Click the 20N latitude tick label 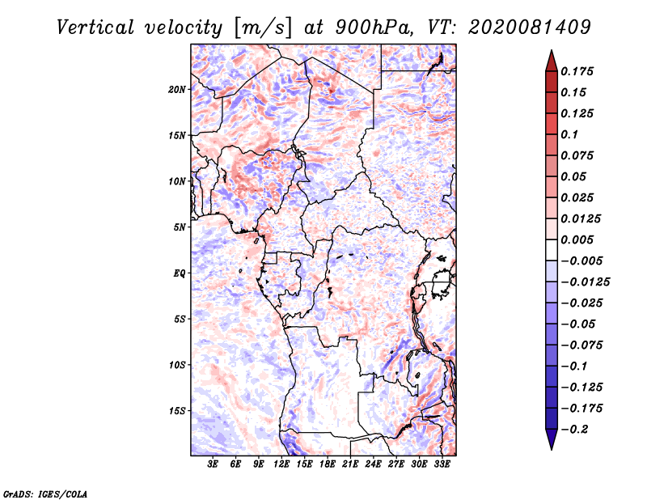pyautogui.click(x=177, y=89)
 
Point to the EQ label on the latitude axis pyautogui.click(x=179, y=273)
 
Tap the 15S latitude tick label pyautogui.click(x=177, y=411)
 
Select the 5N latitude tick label pyautogui.click(x=179, y=227)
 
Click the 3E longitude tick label pyautogui.click(x=214, y=464)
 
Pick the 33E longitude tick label pyautogui.click(x=442, y=464)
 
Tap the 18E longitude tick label pyautogui.click(x=328, y=464)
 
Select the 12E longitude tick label pyautogui.click(x=282, y=464)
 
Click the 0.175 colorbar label pyautogui.click(x=578, y=71)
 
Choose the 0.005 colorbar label pyautogui.click(x=578, y=239)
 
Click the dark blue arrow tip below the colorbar pyautogui.click(x=551, y=444)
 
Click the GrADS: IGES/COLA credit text pyautogui.click(x=45, y=493)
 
